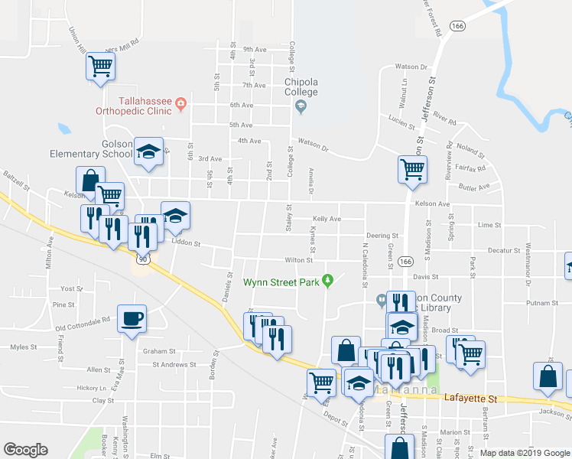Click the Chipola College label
coord(301,87)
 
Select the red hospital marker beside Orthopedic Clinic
coord(180,104)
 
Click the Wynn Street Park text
coord(281,282)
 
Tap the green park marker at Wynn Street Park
coord(328,281)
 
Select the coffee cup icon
coord(132,317)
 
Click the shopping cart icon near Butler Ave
coord(412,168)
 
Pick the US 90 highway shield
coord(143,259)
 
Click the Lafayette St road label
coord(473,399)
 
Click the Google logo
coord(25,450)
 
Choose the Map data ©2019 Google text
coord(525,453)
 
